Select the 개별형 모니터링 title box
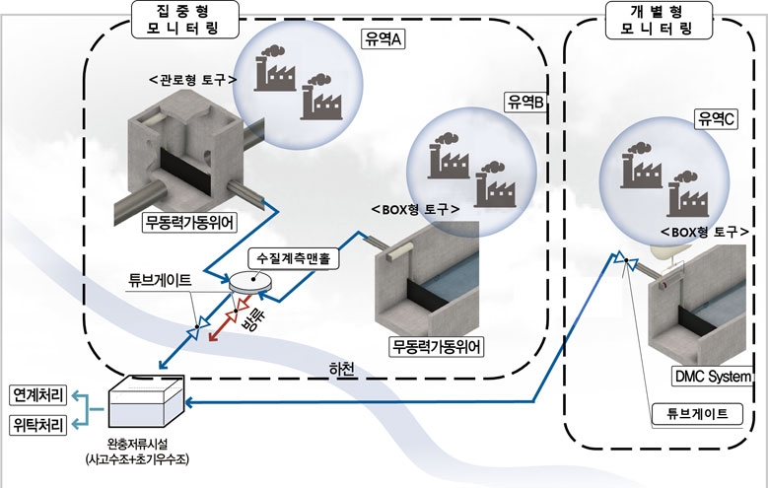coord(659,20)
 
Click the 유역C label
coord(716,119)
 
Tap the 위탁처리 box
coord(37,427)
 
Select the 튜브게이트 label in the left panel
coord(162,279)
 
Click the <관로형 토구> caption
coord(190,79)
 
